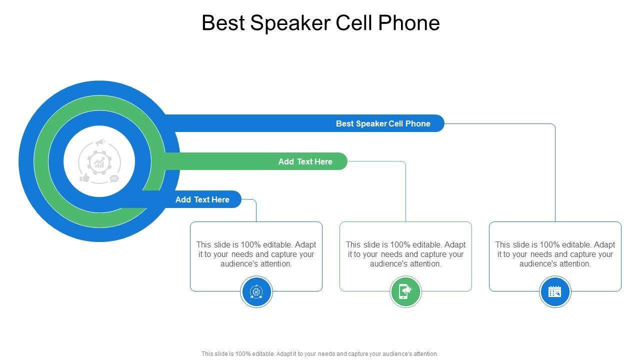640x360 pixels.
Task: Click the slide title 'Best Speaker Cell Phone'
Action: click(320, 23)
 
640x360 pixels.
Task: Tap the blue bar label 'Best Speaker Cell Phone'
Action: click(383, 123)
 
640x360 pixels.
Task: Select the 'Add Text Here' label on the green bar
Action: click(305, 161)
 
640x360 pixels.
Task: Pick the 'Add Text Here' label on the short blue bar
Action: click(202, 199)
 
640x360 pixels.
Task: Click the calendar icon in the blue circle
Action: click(555, 291)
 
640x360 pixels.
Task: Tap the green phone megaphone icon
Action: click(405, 291)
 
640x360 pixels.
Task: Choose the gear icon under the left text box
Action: click(256, 291)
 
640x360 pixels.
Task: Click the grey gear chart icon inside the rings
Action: click(99, 161)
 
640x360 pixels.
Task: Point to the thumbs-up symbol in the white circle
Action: click(84, 177)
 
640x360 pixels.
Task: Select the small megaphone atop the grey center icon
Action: click(101, 142)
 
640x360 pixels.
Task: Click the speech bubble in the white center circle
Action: click(114, 178)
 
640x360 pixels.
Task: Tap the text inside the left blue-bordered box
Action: click(256, 254)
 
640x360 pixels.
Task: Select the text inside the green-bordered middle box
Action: click(405, 254)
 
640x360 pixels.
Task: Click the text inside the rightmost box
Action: click(555, 254)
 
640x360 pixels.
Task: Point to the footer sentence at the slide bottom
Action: click(320, 353)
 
